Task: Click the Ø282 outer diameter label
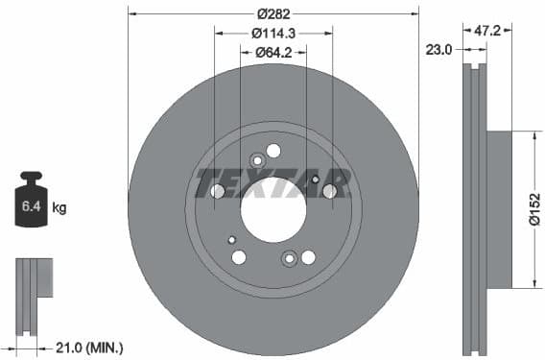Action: tap(272, 14)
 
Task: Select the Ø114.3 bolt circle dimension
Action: tap(272, 34)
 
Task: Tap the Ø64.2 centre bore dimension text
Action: tap(272, 53)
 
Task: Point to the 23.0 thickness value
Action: tap(440, 49)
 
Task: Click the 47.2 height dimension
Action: tap(488, 31)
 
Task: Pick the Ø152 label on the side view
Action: tap(533, 209)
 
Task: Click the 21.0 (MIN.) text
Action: tap(87, 348)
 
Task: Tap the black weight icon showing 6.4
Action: tap(33, 202)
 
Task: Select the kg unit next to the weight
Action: tap(59, 207)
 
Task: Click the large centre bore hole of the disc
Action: tap(272, 209)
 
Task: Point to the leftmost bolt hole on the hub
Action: tap(217, 191)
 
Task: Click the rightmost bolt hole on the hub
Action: tap(329, 191)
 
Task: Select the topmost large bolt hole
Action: tap(273, 151)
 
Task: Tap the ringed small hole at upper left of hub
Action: tap(256, 160)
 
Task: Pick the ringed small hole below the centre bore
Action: tap(289, 258)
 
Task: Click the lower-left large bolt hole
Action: tap(239, 256)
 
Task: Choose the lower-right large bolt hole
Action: tap(308, 256)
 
